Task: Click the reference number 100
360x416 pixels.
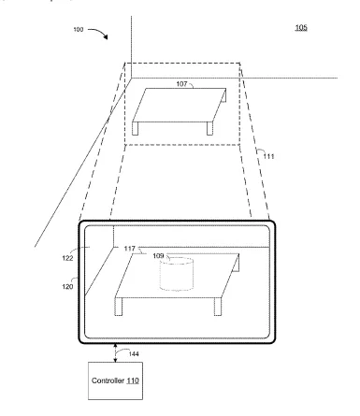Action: click(x=79, y=29)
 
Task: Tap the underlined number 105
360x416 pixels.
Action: click(x=301, y=28)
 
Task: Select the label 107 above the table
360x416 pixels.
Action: click(x=181, y=83)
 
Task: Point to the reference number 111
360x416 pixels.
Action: click(x=268, y=156)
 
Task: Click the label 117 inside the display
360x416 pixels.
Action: click(x=129, y=249)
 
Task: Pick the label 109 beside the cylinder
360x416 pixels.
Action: click(x=158, y=256)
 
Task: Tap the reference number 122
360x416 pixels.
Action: click(x=67, y=258)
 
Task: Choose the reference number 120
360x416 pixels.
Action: click(x=67, y=286)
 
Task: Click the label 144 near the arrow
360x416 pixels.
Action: click(x=134, y=354)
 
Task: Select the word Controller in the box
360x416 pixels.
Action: click(x=108, y=380)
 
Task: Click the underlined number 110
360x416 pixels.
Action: click(x=133, y=380)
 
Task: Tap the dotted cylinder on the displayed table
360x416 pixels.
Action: click(x=177, y=274)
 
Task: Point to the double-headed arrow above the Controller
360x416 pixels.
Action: click(x=115, y=352)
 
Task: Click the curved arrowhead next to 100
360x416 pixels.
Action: click(x=106, y=36)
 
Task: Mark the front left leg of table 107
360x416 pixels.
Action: click(x=136, y=128)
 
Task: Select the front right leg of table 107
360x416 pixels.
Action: click(x=209, y=128)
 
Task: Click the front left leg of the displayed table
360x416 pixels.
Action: click(x=119, y=307)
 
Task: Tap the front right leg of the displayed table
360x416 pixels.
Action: click(x=218, y=307)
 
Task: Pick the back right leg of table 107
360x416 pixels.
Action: click(x=224, y=95)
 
